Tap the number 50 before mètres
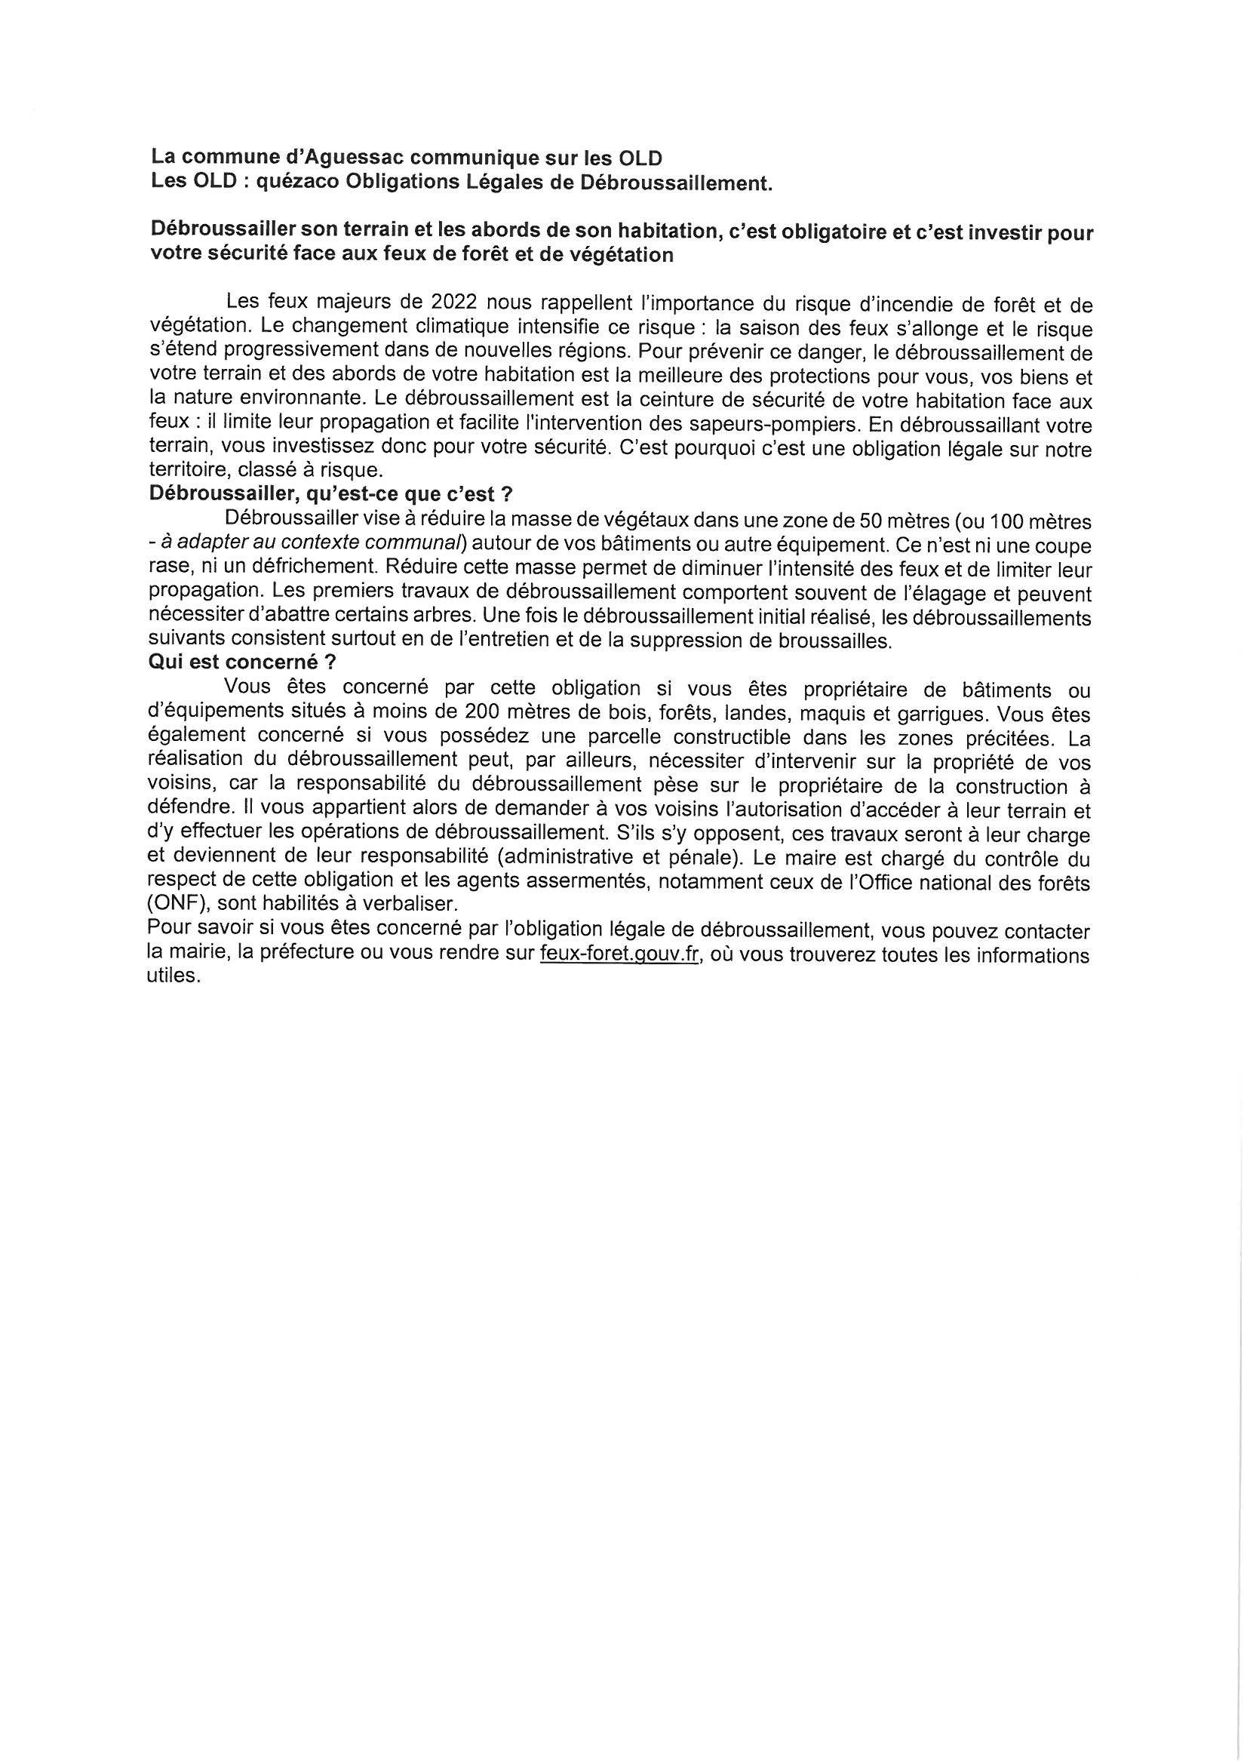pyautogui.click(x=874, y=520)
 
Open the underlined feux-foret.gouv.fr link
pyautogui.click(x=619, y=955)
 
